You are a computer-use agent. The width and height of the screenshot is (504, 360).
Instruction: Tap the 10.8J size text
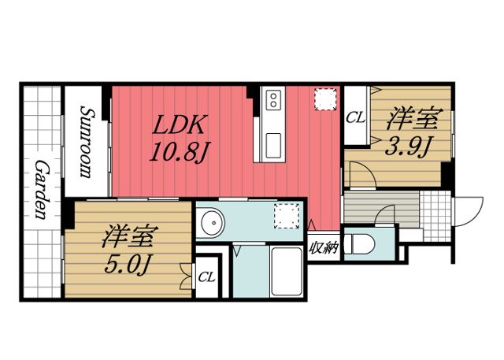[x=179, y=150]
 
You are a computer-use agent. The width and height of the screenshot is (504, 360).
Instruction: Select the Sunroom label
[x=85, y=142]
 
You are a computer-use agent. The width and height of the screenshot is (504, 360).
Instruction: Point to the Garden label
[x=40, y=189]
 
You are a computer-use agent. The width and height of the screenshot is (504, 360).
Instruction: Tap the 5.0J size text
[x=128, y=265]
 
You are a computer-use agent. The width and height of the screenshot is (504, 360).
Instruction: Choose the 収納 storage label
[x=323, y=248]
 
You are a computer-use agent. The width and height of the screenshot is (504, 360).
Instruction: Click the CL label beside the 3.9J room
[x=355, y=119]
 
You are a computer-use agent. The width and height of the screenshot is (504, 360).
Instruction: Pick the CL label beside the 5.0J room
[x=206, y=276]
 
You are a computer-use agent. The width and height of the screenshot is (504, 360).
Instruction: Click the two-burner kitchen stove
[x=273, y=100]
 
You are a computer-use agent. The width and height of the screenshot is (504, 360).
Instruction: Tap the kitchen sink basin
[x=274, y=145]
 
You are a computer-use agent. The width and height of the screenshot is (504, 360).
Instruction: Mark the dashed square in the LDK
[x=323, y=101]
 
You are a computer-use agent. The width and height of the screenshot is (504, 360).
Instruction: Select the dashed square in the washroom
[x=285, y=217]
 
